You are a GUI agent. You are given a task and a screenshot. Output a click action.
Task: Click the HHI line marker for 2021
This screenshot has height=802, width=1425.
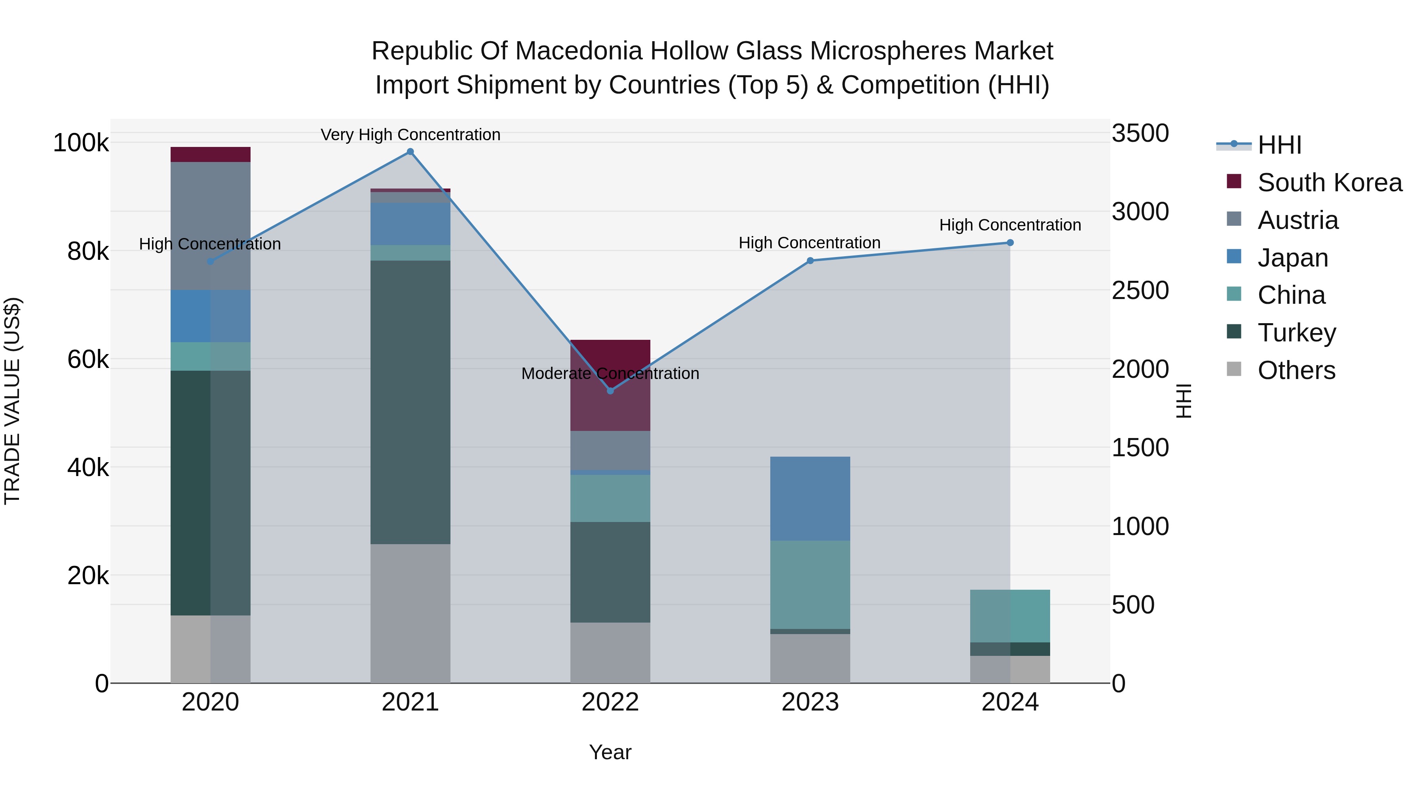[410, 152]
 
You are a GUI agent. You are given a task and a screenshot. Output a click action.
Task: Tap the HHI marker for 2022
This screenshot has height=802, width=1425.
[610, 391]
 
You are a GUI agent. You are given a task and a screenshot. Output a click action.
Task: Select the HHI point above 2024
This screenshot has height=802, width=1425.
[1009, 242]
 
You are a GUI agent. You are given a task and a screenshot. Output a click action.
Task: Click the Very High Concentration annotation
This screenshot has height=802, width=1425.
[410, 135]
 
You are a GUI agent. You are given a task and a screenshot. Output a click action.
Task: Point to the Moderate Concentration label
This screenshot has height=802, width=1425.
[610, 373]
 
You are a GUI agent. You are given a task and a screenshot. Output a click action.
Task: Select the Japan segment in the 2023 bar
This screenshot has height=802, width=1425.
[810, 498]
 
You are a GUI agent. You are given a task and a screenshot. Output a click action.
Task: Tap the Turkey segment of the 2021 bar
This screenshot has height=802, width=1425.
[410, 402]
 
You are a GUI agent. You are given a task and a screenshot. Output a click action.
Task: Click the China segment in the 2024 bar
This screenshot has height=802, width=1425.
[1009, 615]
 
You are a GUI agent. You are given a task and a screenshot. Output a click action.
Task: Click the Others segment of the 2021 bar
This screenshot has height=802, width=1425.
[410, 613]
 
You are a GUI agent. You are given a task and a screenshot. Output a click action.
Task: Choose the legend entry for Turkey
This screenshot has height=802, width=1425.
[1296, 333]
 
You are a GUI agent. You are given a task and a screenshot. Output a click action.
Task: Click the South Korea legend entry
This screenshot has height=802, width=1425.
[1329, 183]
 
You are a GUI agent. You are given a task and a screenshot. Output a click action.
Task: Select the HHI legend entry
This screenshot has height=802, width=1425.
[1279, 145]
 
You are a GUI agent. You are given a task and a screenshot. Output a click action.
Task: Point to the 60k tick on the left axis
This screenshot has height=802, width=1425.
[88, 360]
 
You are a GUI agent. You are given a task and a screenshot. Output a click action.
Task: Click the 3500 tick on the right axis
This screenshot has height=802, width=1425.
[1140, 133]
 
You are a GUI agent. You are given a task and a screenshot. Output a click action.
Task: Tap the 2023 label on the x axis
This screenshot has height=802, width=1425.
[810, 702]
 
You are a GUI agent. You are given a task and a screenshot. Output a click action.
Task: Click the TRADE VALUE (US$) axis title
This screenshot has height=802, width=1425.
[12, 401]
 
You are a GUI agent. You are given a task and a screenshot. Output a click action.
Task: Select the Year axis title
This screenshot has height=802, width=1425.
[610, 752]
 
